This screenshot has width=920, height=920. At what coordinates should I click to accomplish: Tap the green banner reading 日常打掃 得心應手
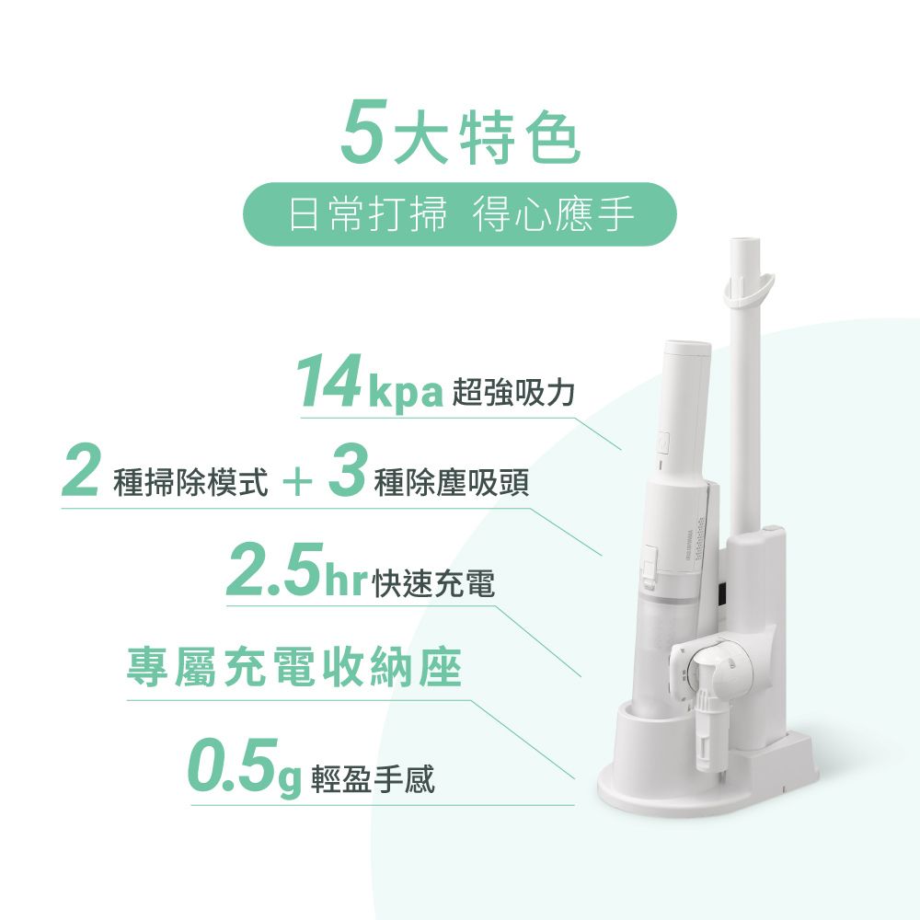point(460,214)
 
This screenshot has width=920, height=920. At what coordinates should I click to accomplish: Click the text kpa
point(404,391)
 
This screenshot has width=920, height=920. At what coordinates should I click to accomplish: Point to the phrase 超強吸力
point(513,392)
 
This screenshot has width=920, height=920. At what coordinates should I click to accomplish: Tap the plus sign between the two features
point(296,482)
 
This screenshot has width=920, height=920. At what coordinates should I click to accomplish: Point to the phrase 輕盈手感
point(374,780)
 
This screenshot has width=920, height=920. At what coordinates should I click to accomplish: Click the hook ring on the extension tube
point(747,291)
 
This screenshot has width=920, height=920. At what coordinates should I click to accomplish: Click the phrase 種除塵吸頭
point(452,481)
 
